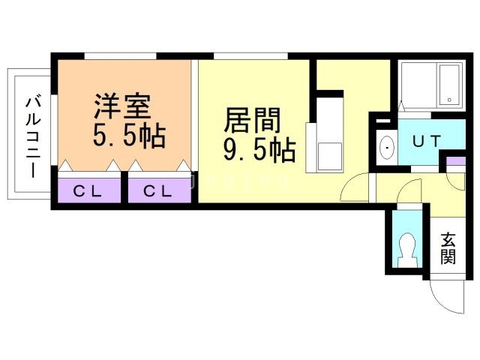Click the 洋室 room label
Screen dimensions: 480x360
[x=123, y=106]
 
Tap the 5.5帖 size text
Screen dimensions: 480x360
[x=130, y=136]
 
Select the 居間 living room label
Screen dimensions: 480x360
[x=252, y=120]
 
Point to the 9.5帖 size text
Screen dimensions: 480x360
[x=259, y=150]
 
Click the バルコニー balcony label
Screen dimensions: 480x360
[x=33, y=137]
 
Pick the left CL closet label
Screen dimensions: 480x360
[x=87, y=191]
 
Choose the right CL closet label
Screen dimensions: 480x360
[x=157, y=191]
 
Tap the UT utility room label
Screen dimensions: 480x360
[x=427, y=141]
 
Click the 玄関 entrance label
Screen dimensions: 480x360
[x=448, y=248]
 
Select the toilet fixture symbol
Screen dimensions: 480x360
[x=407, y=250]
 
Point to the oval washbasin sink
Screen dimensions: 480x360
[x=387, y=148]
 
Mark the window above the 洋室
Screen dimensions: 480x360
[x=120, y=56]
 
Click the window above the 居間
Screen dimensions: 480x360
[x=250, y=56]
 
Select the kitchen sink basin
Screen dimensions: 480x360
[x=330, y=156]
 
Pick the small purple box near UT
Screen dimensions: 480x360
[x=455, y=161]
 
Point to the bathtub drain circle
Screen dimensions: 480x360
[x=449, y=100]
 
